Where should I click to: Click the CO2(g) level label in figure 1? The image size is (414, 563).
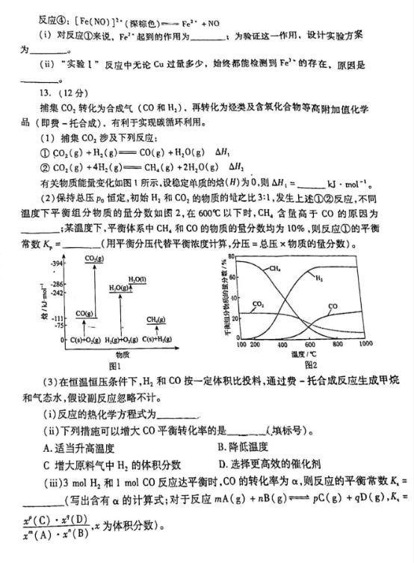pos(94,259)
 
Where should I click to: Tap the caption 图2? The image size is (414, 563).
pos(311,365)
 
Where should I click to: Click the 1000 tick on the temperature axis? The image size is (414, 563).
pos(365,345)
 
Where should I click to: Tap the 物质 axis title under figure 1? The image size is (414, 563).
pos(123,355)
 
